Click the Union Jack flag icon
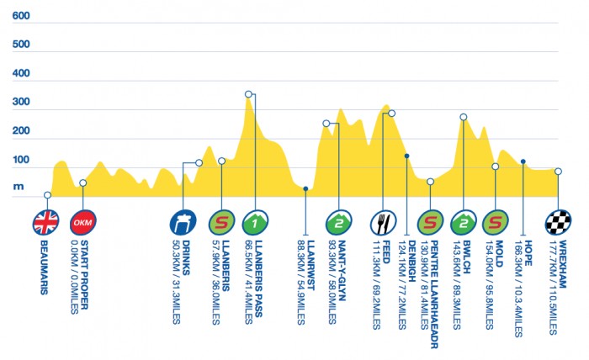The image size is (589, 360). click(x=46, y=223)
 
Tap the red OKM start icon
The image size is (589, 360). click(x=82, y=223)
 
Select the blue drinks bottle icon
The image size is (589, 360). click(x=183, y=223)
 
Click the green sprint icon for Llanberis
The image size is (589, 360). click(x=220, y=223)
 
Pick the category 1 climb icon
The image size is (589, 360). click(x=254, y=223)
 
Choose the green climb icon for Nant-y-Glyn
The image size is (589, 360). click(x=338, y=223)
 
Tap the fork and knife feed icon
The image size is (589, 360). click(x=383, y=223)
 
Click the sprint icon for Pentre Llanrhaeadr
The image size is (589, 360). click(x=429, y=223)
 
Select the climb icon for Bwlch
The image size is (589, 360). click(x=463, y=223)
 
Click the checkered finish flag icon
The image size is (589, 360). click(x=557, y=223)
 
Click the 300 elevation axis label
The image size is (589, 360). click(x=22, y=103)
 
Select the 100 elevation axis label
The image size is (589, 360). click(x=22, y=161)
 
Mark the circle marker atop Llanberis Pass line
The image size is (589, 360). click(x=248, y=94)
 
